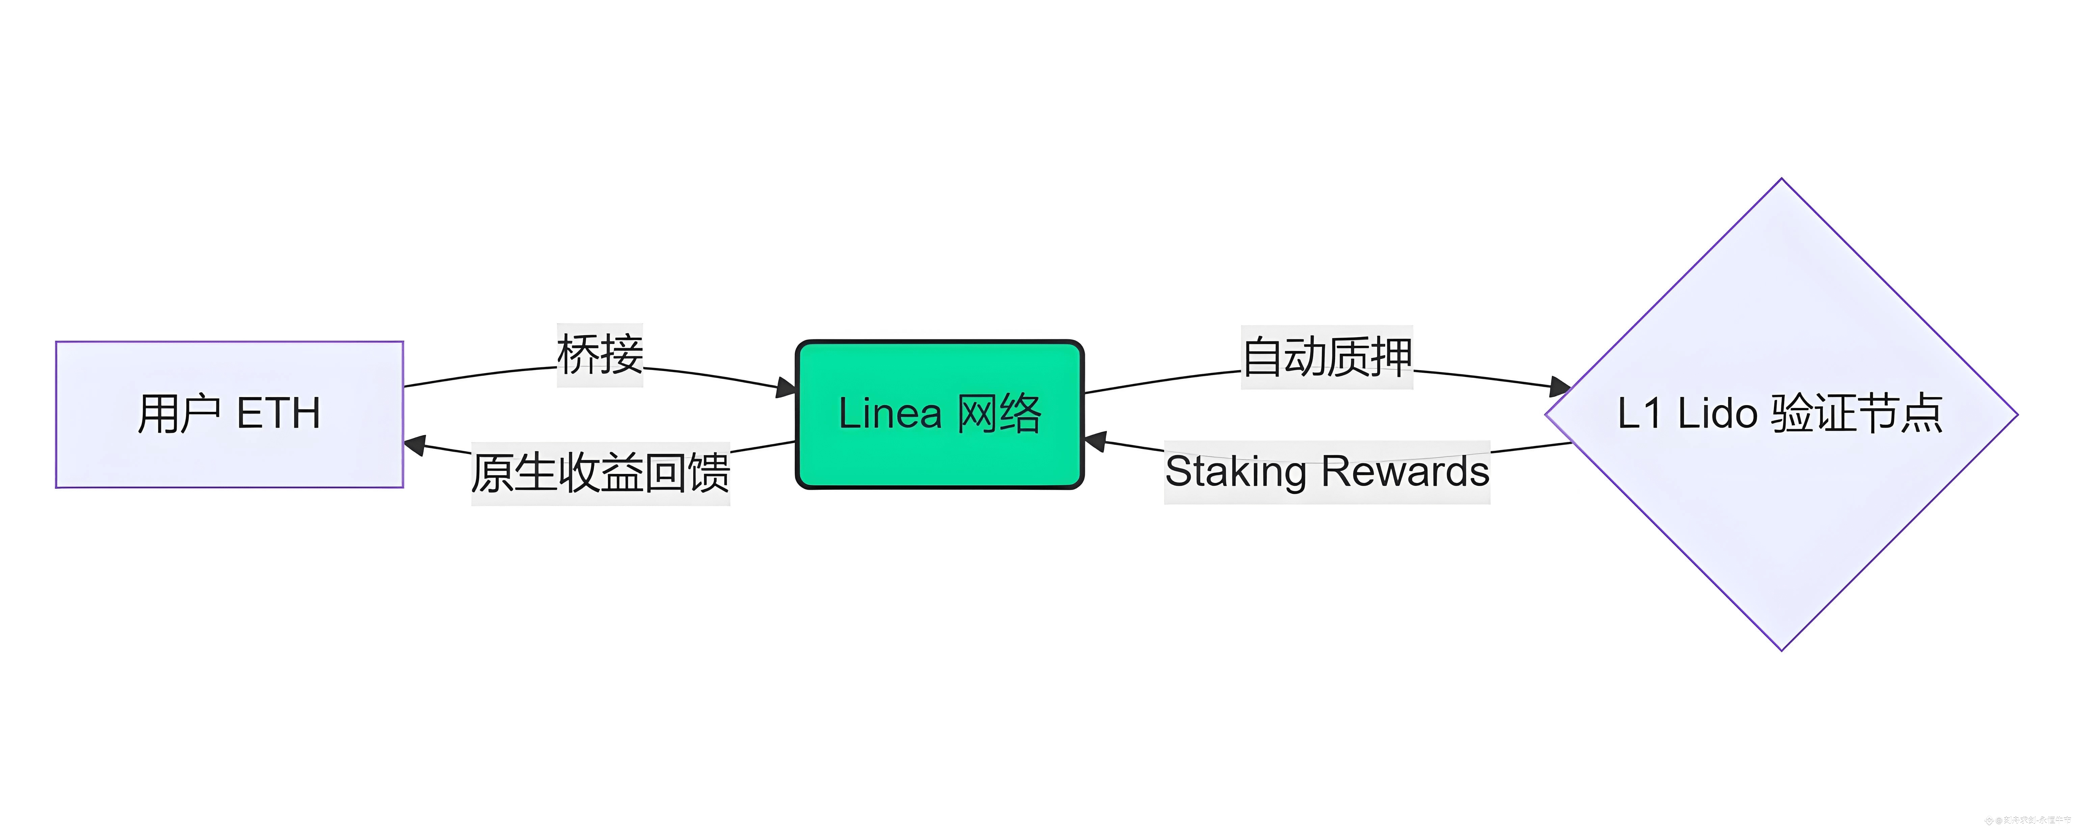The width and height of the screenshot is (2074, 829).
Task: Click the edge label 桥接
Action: (600, 355)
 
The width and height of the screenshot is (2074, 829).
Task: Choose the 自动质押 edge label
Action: (1327, 357)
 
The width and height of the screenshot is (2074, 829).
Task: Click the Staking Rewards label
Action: (1327, 472)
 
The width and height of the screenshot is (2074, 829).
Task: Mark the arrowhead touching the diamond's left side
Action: (1560, 386)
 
